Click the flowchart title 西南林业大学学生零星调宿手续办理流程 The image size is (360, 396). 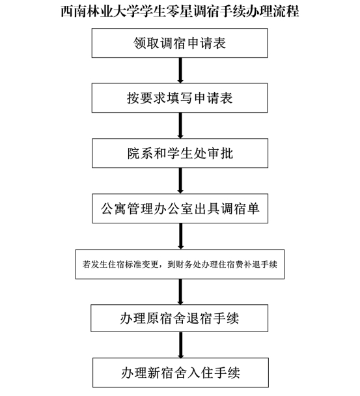point(180,11)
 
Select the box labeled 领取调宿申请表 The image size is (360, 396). point(180,43)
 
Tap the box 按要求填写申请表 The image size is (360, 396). point(180,98)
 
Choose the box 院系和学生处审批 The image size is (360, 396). point(180,153)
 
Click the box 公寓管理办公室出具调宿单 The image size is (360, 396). point(180,208)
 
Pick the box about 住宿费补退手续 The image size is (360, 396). point(180,264)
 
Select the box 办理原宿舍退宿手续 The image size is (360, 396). point(180,318)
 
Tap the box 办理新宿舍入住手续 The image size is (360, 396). point(180,373)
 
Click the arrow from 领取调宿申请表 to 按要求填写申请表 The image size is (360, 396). point(180,70)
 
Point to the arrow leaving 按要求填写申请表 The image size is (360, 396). point(180,126)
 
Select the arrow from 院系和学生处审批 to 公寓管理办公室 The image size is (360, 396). point(180,181)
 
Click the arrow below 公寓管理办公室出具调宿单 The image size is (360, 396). point(180,236)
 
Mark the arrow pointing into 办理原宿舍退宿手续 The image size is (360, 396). point(180,292)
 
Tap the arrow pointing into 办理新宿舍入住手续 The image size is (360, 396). point(181,345)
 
